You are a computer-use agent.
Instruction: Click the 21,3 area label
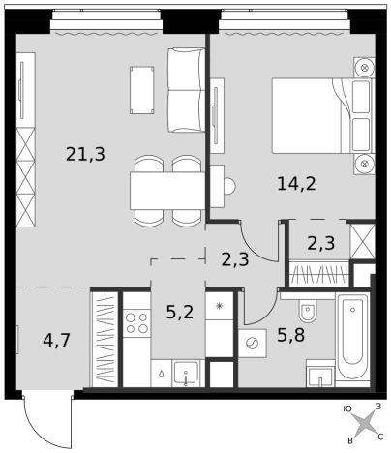click(85, 154)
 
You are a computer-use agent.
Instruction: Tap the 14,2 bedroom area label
click(296, 183)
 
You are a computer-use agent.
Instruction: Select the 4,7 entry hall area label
click(56, 340)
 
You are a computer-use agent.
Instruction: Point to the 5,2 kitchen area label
click(180, 312)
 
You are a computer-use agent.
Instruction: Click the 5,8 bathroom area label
click(291, 335)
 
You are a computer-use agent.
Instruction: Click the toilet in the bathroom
click(308, 310)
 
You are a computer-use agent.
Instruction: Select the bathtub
click(352, 340)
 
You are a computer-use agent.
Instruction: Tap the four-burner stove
click(136, 323)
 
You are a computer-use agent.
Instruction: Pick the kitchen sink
click(186, 374)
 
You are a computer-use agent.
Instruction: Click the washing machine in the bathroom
click(253, 344)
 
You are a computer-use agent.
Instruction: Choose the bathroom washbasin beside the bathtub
click(320, 374)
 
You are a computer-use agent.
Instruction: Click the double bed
click(323, 115)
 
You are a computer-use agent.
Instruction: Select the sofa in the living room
click(187, 90)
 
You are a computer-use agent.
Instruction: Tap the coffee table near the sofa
click(142, 90)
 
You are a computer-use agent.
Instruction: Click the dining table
click(167, 191)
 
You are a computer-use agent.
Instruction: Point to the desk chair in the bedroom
click(230, 186)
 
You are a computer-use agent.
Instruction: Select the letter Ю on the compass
click(347, 409)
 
